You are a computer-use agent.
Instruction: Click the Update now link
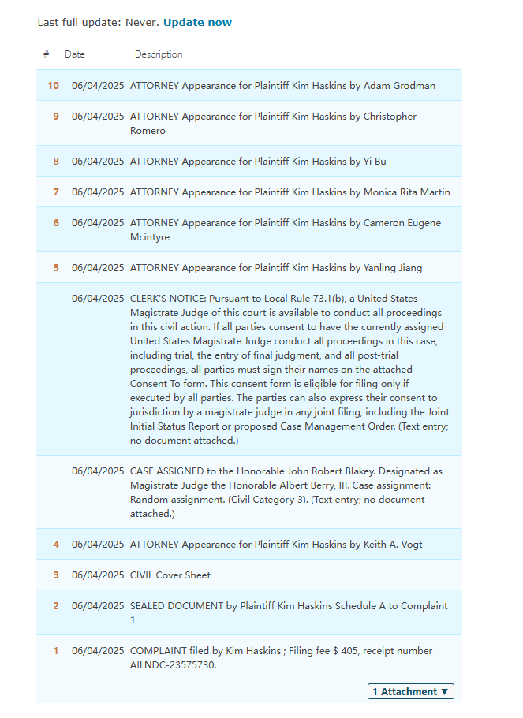tap(197, 22)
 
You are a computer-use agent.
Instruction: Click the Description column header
tap(159, 54)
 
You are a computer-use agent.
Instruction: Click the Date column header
tap(75, 54)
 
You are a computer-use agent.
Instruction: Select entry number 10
tap(53, 85)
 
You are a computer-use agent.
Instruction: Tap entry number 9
tap(55, 116)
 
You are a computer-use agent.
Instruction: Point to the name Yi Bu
tap(375, 161)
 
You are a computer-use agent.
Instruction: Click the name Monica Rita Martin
tap(407, 192)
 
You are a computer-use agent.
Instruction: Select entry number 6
tap(55, 222)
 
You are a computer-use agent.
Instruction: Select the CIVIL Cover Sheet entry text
tap(170, 575)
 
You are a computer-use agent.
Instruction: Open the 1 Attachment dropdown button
tap(410, 691)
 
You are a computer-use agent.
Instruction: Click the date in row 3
tap(98, 575)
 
